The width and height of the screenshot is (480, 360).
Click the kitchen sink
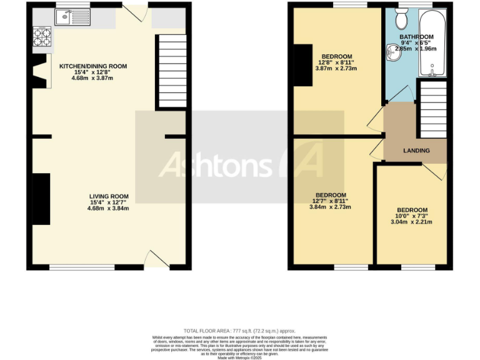pos(65,18)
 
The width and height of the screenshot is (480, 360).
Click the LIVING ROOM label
pos(109,196)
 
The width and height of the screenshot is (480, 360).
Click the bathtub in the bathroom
pos(434,44)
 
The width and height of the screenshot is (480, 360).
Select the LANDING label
pos(416,151)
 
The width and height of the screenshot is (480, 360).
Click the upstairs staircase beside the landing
pos(432,109)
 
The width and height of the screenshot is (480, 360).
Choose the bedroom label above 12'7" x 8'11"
pos(331,195)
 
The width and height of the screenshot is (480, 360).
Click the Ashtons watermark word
pos(216,164)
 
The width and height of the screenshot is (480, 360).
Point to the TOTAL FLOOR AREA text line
pos(239,331)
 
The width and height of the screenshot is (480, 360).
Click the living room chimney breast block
pos(41,199)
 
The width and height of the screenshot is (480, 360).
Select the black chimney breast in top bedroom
pos(302,65)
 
